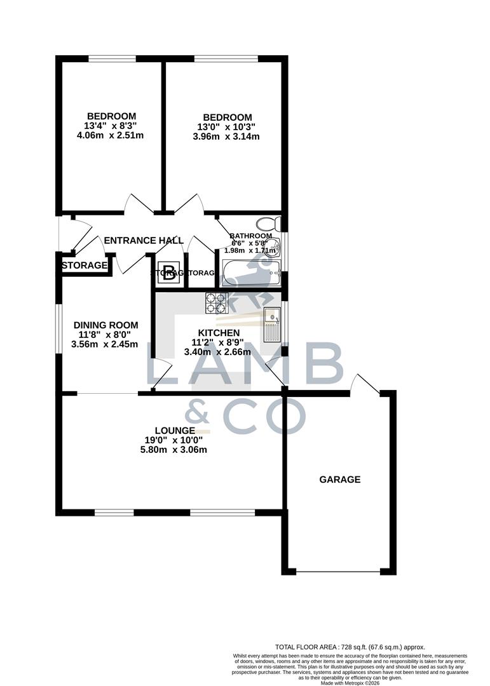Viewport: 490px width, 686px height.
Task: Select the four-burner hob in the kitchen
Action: tap(216, 303)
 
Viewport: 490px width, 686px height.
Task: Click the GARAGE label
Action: tap(339, 480)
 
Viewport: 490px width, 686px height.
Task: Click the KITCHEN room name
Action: tap(219, 333)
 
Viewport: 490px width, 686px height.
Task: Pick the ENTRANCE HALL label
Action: tap(144, 240)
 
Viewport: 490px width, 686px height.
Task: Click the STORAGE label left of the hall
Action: tap(85, 265)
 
